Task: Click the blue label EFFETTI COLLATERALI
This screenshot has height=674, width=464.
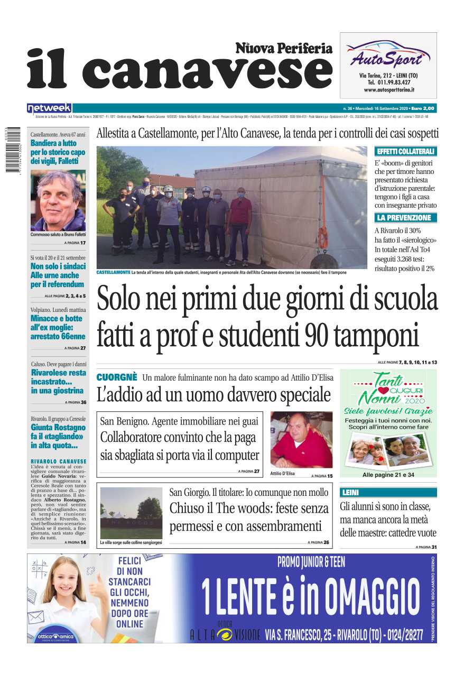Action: click(x=405, y=151)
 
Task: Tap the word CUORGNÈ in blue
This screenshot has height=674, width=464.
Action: click(x=117, y=377)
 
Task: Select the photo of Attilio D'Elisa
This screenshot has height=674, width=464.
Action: click(x=301, y=440)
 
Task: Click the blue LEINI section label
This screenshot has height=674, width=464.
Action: click(x=350, y=493)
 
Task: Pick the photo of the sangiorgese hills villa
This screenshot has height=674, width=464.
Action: click(x=131, y=513)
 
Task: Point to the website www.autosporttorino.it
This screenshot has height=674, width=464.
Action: click(x=388, y=90)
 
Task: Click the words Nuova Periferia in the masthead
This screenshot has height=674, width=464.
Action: click(x=284, y=49)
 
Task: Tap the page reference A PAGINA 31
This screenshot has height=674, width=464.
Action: click(x=426, y=547)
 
